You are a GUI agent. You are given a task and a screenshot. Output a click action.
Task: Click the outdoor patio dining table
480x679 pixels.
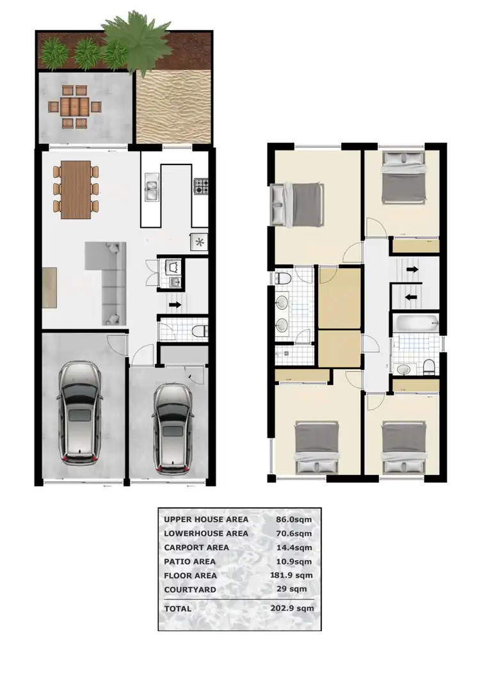coord(77,106)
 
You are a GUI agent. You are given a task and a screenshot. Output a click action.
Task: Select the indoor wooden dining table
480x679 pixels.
coord(77,189)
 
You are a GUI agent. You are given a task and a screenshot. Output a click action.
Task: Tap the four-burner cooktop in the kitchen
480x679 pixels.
coord(202,187)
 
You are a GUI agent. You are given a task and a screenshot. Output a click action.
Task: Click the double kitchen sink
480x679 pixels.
coord(152,189)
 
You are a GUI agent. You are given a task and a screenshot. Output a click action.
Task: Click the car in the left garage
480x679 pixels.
coord(79,413)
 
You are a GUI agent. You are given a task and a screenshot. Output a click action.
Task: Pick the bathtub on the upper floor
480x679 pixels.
coord(414,323)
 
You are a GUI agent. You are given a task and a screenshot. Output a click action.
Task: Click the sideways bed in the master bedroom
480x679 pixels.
coord(296,204)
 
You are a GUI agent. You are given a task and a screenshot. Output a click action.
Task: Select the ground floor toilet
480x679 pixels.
coord(198,330)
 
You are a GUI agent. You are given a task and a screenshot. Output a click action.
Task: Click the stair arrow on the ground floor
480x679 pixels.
coord(175,307)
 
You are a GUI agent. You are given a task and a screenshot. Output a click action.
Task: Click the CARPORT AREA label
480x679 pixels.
coord(196,547)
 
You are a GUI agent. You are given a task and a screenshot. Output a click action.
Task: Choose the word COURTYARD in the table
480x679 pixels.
coord(190,589)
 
